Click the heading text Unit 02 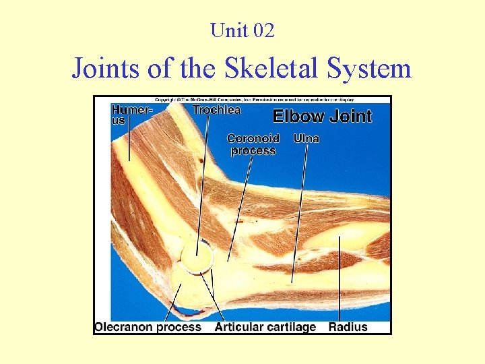pos(242,30)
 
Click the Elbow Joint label pos(322,116)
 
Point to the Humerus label pos(131,115)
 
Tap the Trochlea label pos(216,109)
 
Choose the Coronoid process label pos(253,144)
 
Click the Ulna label pos(306,139)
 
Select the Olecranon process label pos(148,327)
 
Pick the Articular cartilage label pos(265,327)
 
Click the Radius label pos(348,327)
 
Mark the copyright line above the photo pos(242,100)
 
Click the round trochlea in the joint pos(197,257)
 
